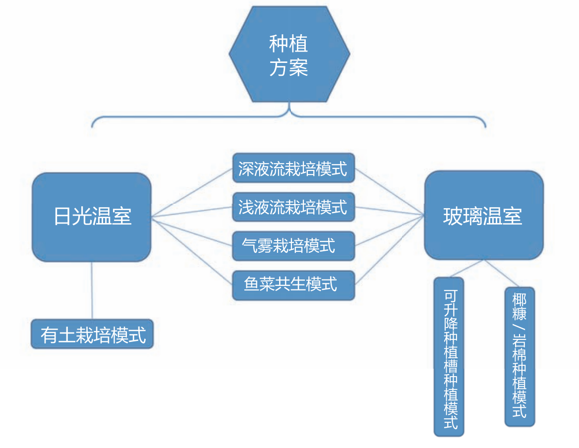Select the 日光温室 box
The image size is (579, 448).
[92, 217]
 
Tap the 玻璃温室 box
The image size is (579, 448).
[483, 216]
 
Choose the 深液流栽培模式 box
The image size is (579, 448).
[293, 168]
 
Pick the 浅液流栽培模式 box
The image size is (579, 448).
[293, 207]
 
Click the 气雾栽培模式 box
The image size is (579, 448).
[293, 246]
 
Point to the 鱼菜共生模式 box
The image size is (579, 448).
[293, 285]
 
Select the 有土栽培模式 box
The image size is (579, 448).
[93, 334]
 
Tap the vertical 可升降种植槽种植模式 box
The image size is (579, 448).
[449, 357]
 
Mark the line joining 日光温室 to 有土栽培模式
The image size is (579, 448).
[93, 290]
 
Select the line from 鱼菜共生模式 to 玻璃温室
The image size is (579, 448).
[390, 250]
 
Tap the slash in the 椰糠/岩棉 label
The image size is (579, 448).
[520, 328]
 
